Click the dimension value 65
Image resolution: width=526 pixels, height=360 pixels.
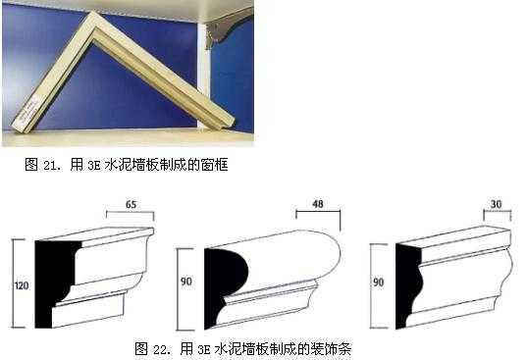131,204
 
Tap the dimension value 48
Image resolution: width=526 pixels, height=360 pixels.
318,204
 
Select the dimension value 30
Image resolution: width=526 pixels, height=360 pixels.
497,204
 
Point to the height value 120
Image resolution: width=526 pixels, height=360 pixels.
22,285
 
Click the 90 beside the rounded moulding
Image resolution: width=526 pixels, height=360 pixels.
186,282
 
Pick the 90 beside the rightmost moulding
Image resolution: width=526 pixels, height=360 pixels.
379,283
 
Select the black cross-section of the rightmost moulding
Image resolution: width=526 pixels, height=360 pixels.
406,284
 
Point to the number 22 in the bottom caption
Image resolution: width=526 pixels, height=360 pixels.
160,350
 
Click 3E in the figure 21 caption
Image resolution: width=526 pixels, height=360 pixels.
94,166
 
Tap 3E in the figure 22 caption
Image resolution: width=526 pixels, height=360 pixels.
203,350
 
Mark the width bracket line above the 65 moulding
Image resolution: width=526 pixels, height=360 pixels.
131,212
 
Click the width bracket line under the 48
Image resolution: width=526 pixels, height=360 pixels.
318,211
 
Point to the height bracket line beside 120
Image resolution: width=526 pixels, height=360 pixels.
14,283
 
